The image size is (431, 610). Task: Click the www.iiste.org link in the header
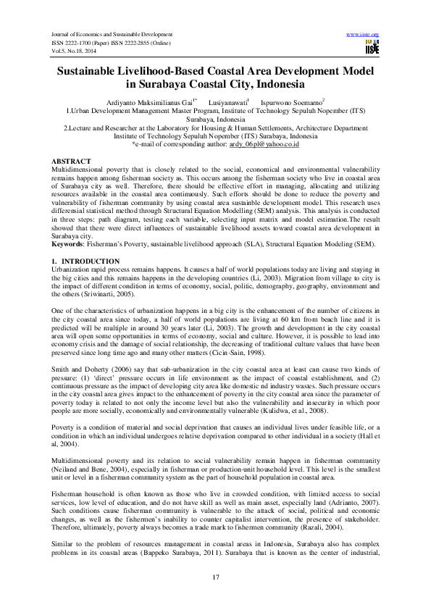(364, 35)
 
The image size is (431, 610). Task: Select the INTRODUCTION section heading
(86, 260)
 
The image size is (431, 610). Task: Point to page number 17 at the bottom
(215, 576)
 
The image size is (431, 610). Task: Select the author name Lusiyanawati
(228, 103)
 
